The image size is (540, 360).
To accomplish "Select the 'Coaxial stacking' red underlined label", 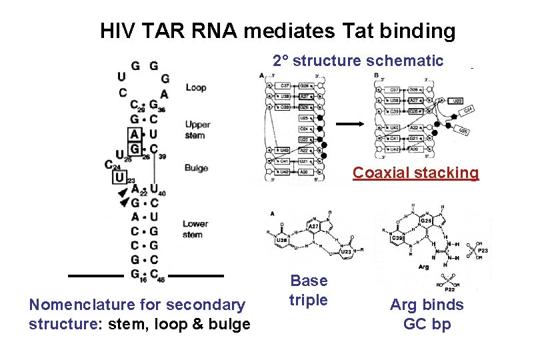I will point(415,173).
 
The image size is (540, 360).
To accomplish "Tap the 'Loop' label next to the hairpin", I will point(195,87).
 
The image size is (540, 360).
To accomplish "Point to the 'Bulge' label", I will point(196,168).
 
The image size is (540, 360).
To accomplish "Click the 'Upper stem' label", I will point(197,130).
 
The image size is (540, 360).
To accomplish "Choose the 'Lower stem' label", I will point(195,229).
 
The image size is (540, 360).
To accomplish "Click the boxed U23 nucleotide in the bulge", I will point(120,178).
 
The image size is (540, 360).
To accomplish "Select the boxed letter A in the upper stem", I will point(135,134).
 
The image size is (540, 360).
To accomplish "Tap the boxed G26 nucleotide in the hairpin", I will point(135,148).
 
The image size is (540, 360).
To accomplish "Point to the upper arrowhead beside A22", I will point(123,193).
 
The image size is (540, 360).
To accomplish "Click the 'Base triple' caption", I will point(309,290).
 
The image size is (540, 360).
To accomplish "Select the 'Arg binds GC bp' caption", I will point(427,315).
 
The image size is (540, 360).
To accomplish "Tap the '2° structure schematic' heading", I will point(358,61).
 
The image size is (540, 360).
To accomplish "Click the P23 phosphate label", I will point(482,251).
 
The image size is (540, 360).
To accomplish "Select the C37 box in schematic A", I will point(284,86).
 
